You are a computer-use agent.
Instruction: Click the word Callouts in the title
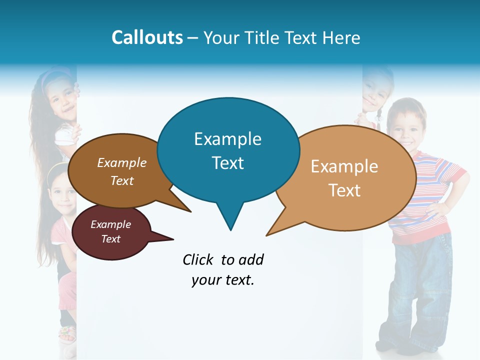click(x=147, y=37)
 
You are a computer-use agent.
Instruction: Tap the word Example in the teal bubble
click(x=228, y=139)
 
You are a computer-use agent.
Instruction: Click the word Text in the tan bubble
click(x=344, y=190)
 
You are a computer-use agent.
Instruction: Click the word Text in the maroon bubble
click(x=111, y=239)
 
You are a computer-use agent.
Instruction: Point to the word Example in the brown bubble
click(x=122, y=163)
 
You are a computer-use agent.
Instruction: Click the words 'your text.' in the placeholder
click(x=223, y=280)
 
